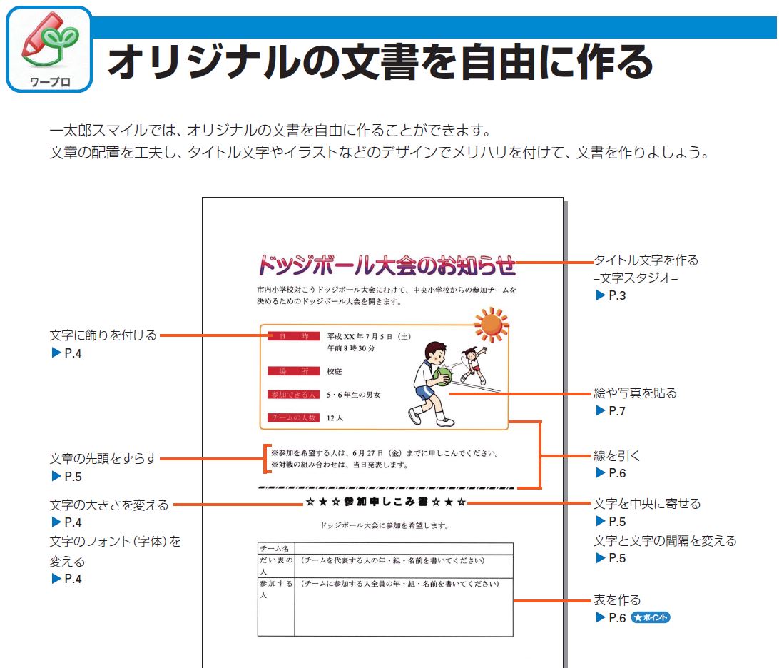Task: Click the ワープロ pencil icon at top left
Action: coord(49,49)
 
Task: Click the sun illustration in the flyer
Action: coord(492,325)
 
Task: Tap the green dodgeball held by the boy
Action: coord(443,376)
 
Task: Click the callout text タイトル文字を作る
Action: coord(646,260)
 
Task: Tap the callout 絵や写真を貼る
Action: coord(635,393)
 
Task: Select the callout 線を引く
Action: coord(617,455)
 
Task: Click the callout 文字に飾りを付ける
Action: coord(103,335)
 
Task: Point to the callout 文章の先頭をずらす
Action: coord(103,459)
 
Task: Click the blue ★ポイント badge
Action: coord(651,618)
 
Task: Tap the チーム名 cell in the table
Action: coord(275,549)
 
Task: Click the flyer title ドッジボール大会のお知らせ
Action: coord(386,265)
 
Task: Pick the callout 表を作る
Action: coord(617,600)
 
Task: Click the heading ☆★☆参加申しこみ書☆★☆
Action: coord(386,502)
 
